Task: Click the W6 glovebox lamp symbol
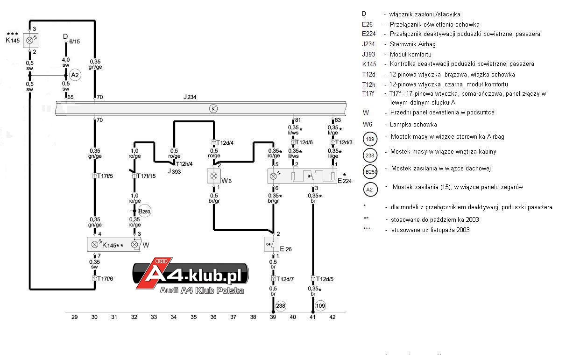point(214,176)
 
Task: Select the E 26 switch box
point(271,244)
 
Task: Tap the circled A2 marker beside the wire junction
point(75,75)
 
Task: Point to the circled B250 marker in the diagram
point(144,211)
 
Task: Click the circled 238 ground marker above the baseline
point(281,306)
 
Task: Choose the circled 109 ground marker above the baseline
point(320,306)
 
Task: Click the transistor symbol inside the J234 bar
point(213,109)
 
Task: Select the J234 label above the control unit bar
point(190,97)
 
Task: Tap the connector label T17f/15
point(146,176)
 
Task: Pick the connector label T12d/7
point(285,279)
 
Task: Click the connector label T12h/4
point(184,164)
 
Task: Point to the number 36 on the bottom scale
point(213,317)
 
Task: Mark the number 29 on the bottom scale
point(74,317)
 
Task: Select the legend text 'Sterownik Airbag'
point(413,44)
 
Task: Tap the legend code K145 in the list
point(369,64)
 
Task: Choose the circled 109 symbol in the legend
point(370,139)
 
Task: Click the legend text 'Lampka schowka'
point(413,124)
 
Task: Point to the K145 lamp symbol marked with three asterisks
point(30,41)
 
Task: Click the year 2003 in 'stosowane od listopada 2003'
point(463,230)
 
